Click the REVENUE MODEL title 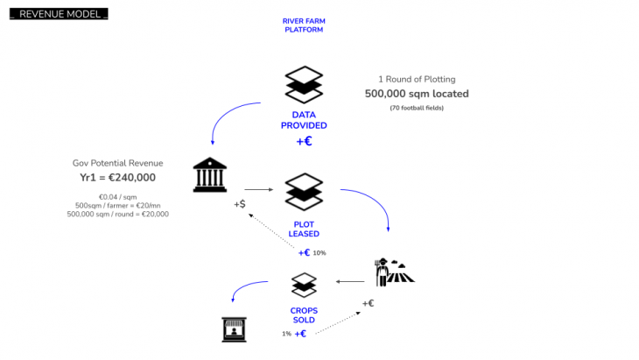(59, 15)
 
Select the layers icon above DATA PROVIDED (304, 84)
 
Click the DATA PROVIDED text (304, 120)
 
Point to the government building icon (211, 175)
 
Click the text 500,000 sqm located (417, 94)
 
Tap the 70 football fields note (417, 108)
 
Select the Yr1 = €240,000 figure (117, 177)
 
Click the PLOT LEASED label (304, 229)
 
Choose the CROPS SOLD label (304, 315)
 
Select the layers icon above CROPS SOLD (304, 284)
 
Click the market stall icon (233, 328)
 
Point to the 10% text (319, 253)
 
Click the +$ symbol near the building (239, 204)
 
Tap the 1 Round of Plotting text (417, 79)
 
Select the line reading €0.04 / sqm (117, 196)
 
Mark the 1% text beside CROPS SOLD (286, 334)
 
